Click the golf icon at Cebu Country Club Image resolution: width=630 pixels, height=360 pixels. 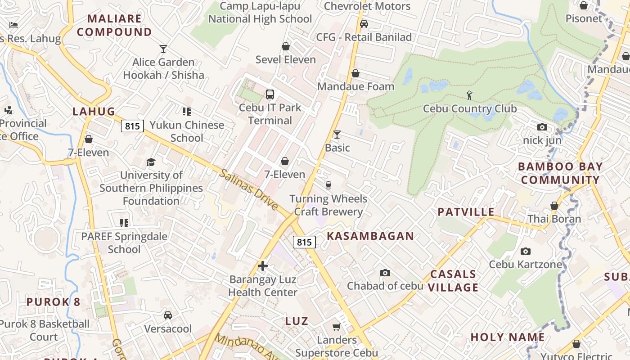(x=469, y=95)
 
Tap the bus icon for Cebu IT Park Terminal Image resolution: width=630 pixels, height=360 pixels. (x=270, y=94)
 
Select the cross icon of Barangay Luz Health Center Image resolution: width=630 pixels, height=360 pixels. (x=263, y=266)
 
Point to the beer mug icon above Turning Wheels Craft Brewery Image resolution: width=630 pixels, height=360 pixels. (x=328, y=185)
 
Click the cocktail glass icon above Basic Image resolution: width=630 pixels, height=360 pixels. (x=337, y=134)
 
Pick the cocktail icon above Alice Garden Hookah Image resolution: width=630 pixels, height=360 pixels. (x=163, y=49)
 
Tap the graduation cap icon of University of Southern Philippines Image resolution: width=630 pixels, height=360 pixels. (x=151, y=162)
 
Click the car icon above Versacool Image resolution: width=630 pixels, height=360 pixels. (x=167, y=315)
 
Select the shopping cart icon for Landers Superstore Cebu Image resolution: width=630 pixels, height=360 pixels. (x=336, y=327)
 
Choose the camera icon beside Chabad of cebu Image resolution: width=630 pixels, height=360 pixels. (x=385, y=273)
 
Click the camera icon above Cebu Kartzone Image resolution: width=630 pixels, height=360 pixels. (x=525, y=251)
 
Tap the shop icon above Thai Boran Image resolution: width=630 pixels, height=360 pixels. (x=554, y=206)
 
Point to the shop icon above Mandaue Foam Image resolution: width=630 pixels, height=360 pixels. (x=355, y=73)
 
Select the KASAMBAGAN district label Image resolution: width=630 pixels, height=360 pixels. (x=370, y=236)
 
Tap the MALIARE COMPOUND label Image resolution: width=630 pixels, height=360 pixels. (x=114, y=25)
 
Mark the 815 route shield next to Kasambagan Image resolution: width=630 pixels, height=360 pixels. (x=304, y=242)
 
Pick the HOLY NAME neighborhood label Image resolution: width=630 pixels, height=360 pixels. (x=508, y=337)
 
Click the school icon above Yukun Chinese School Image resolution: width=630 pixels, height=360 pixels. (x=186, y=111)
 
